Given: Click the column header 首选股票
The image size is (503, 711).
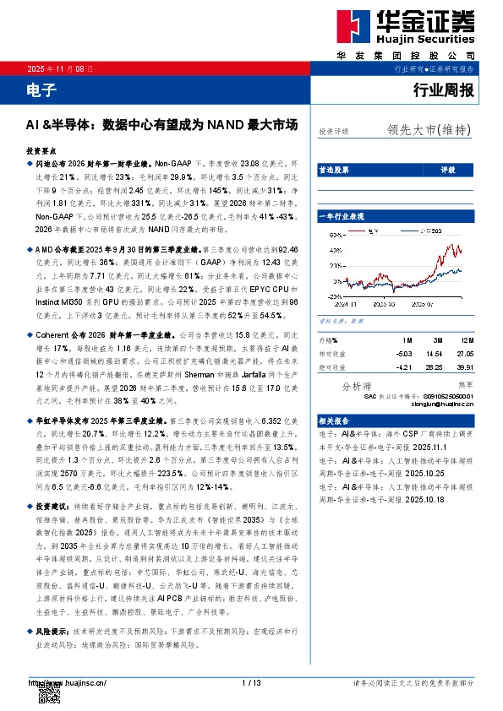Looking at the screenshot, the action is pyautogui.click(x=332, y=171).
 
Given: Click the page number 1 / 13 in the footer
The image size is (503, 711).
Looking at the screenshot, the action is pyautogui.click(x=251, y=681).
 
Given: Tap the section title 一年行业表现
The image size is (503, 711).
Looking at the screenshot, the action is pyautogui.click(x=341, y=217).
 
